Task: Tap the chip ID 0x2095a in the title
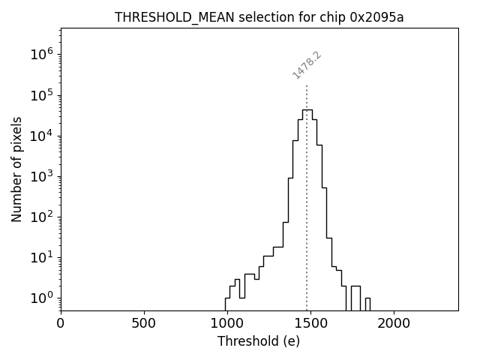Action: tap(376, 17)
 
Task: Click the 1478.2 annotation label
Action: tap(307, 65)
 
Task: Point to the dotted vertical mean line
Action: tap(307, 225)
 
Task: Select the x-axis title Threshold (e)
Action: tap(259, 341)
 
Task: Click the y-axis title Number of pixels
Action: tap(16, 169)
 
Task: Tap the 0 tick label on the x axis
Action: tap(61, 324)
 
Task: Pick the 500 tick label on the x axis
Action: tap(144, 324)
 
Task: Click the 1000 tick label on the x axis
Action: tap(227, 324)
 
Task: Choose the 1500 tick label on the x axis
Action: tap(310, 324)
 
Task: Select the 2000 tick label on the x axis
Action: tap(394, 324)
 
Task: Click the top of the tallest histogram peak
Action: tap(307, 109)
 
